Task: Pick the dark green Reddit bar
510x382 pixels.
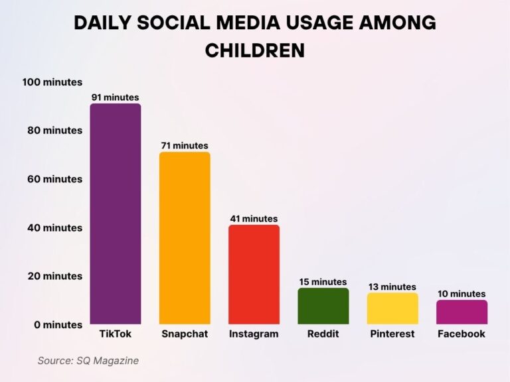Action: (x=323, y=306)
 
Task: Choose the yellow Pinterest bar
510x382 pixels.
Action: (x=392, y=308)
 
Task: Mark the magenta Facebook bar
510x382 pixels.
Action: (x=462, y=312)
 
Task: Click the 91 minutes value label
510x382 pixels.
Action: (x=116, y=97)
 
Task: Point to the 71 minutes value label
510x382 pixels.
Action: (x=185, y=146)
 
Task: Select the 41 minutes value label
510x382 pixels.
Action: (x=254, y=219)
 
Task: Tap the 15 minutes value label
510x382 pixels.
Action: (x=323, y=282)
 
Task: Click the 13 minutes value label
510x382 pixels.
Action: (x=392, y=286)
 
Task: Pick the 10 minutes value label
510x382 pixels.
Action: (x=462, y=294)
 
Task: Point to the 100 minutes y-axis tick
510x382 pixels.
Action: (x=52, y=82)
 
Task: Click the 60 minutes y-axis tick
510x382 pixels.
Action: (x=55, y=179)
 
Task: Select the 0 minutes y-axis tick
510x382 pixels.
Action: (x=58, y=325)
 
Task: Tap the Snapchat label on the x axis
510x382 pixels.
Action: (x=185, y=334)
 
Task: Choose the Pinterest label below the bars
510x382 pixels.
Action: (x=392, y=334)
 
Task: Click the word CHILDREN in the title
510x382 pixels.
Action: (x=255, y=50)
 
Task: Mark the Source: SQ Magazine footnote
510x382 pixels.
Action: (x=88, y=361)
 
